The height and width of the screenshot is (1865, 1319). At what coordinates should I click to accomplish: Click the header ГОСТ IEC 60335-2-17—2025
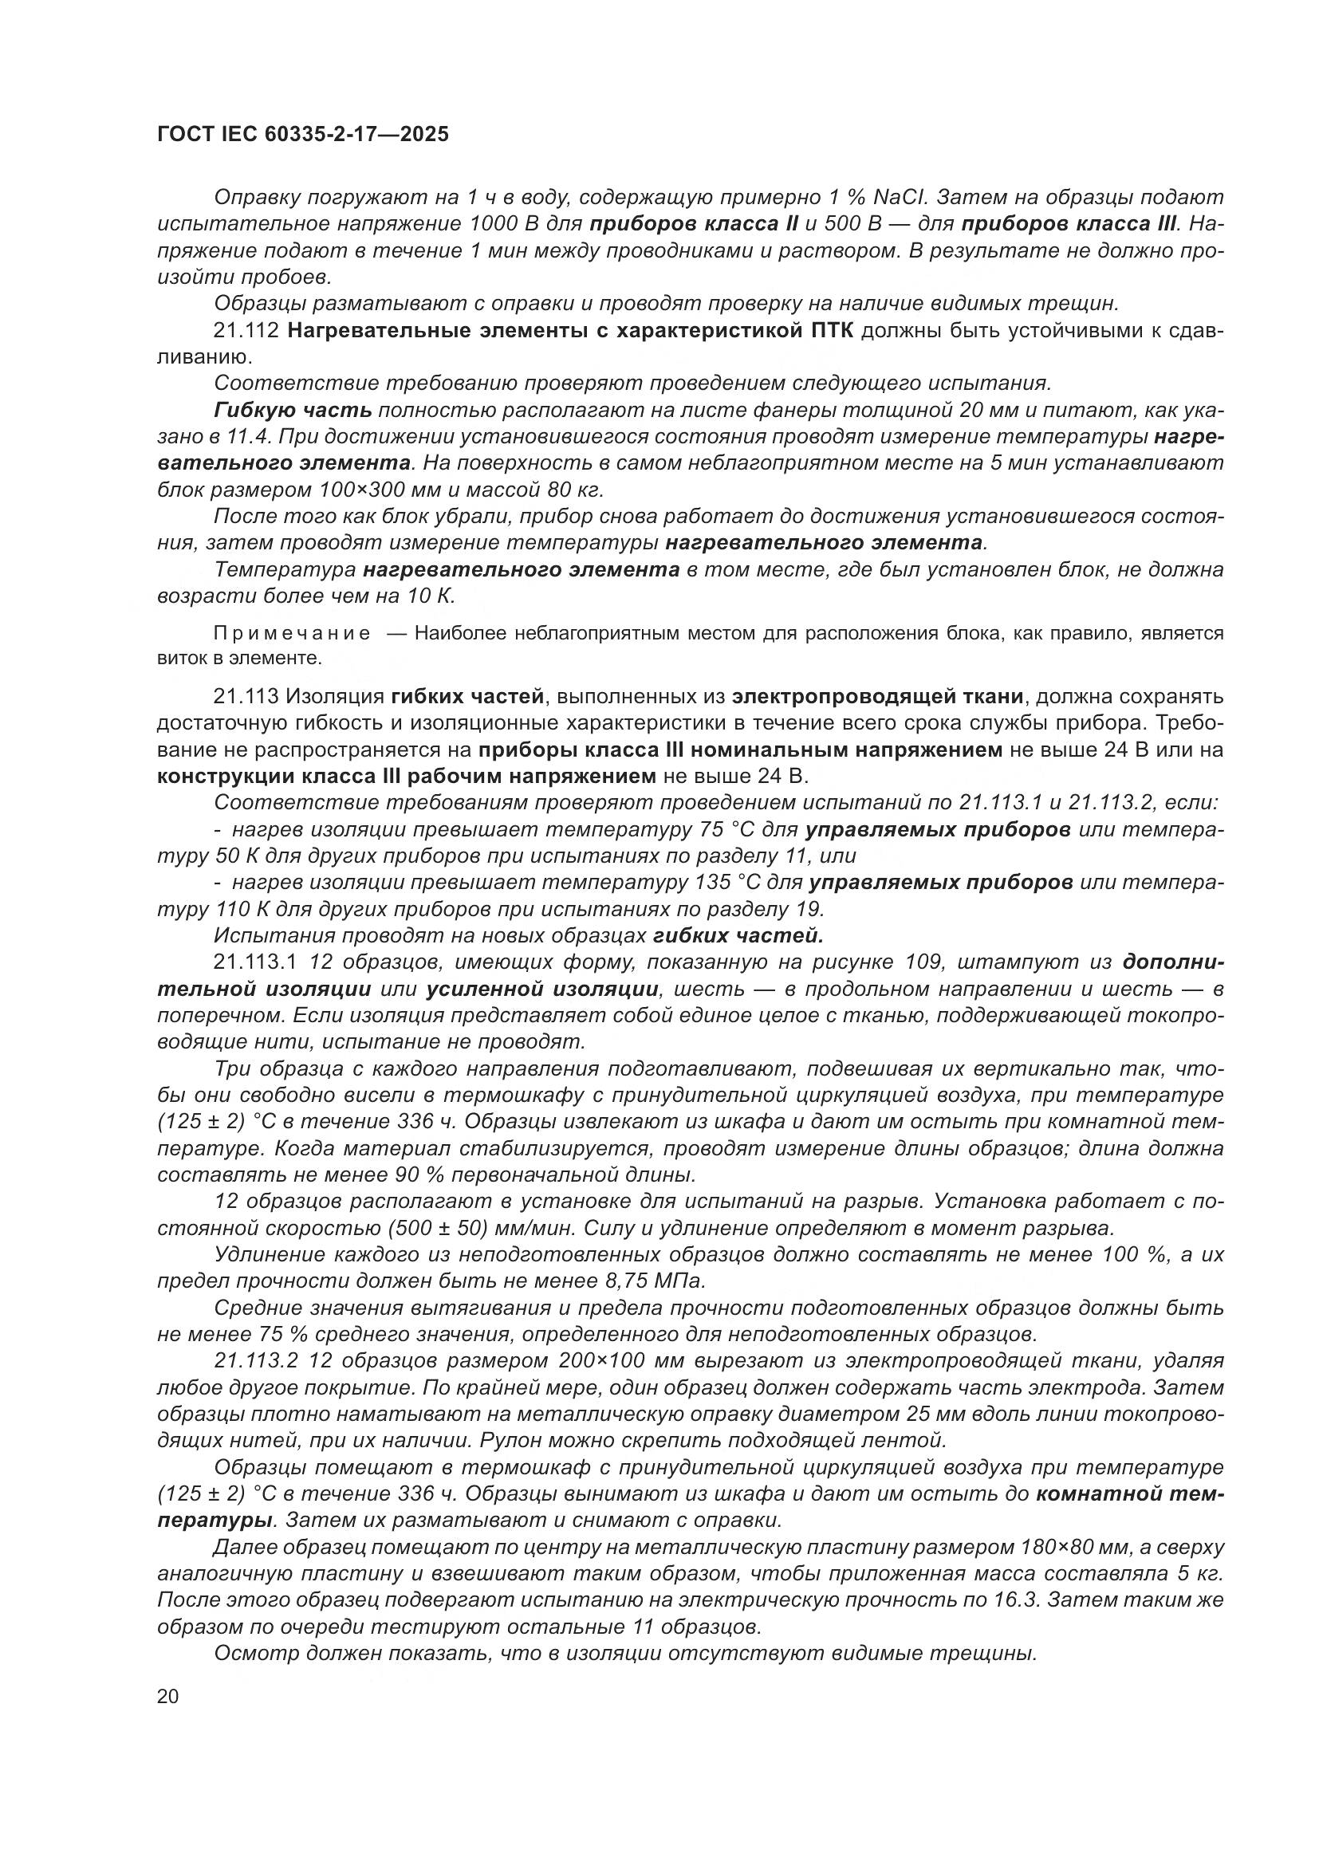point(302,135)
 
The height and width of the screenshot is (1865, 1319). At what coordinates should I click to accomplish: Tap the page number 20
point(168,1697)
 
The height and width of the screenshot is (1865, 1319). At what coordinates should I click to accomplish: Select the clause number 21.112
point(247,332)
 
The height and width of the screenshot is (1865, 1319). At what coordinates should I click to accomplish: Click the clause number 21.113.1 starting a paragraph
point(256,962)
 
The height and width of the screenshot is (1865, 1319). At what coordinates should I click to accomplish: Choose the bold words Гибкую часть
point(293,411)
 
